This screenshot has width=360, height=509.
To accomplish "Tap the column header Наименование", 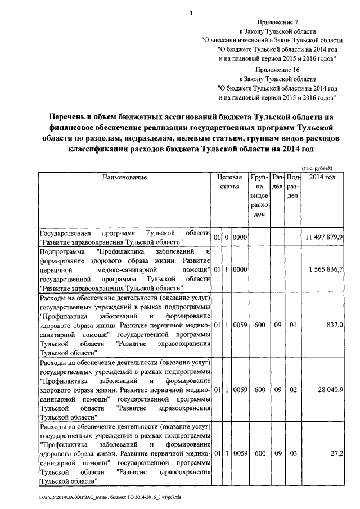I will [x=124, y=178].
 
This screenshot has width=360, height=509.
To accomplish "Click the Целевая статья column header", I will [x=229, y=182].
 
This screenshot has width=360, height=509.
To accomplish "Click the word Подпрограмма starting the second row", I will [x=61, y=251].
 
